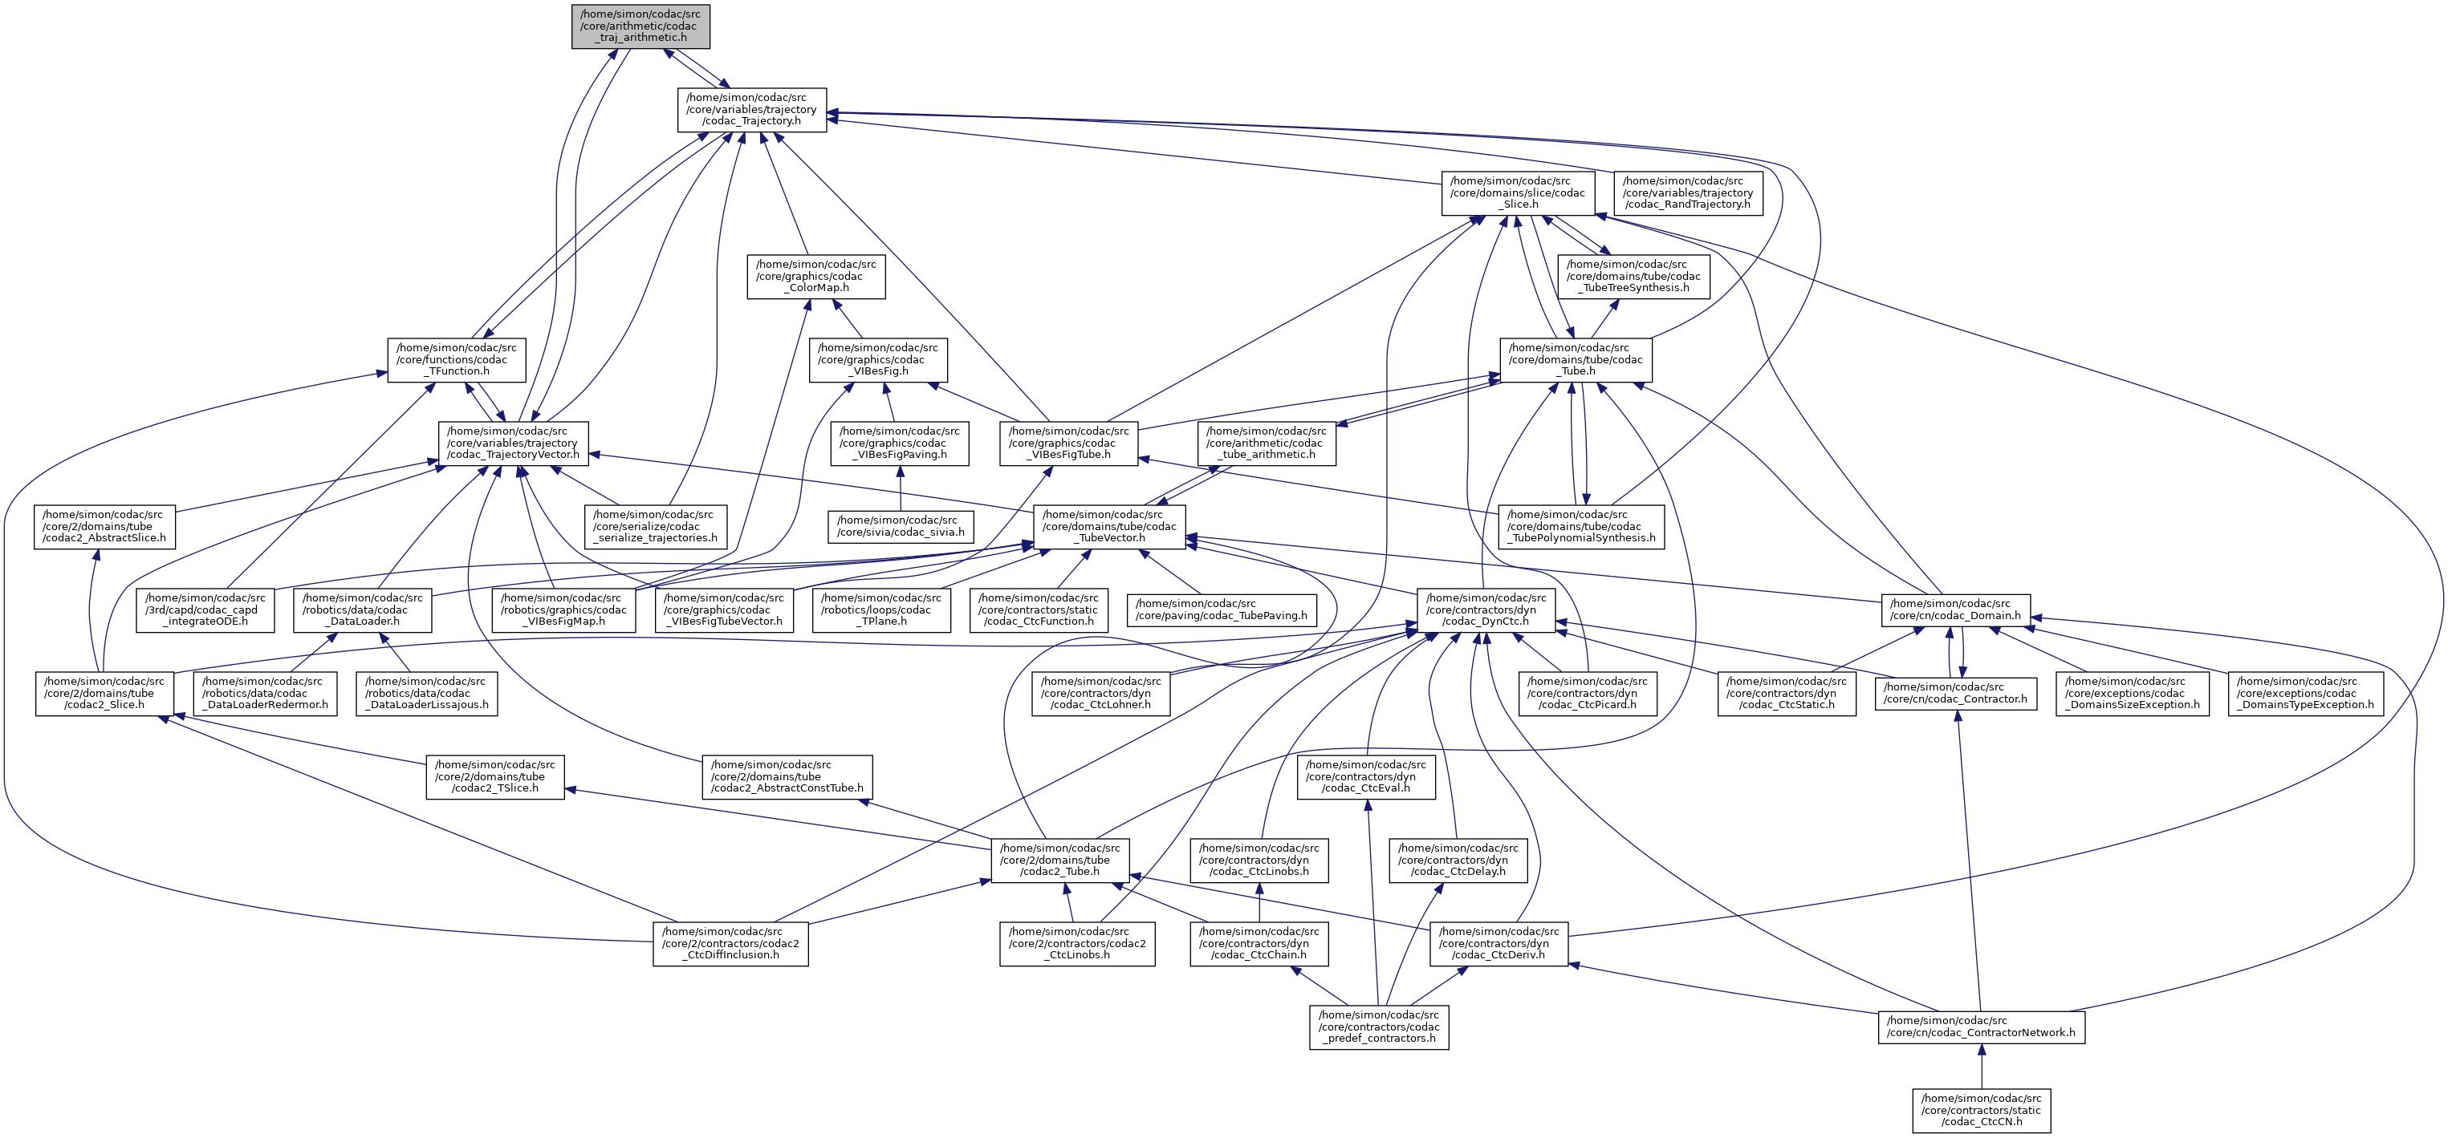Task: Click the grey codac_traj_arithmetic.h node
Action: click(640, 26)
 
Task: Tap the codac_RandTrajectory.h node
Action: click(1688, 192)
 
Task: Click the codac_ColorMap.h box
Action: click(815, 277)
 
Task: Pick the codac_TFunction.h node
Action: click(456, 360)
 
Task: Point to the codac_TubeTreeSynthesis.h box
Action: click(1633, 277)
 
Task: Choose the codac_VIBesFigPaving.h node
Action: click(899, 443)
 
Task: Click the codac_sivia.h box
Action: click(899, 526)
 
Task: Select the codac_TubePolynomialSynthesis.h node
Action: click(1581, 526)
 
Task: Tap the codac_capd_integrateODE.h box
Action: click(205, 609)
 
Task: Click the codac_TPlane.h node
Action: click(882, 609)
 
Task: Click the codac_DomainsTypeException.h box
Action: click(2305, 694)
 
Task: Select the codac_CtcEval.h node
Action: click(1365, 777)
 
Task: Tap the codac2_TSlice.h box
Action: click(494, 777)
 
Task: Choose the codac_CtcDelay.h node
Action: click(1458, 860)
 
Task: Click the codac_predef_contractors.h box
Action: click(1379, 1027)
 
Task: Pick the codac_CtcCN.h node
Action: click(1982, 1111)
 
